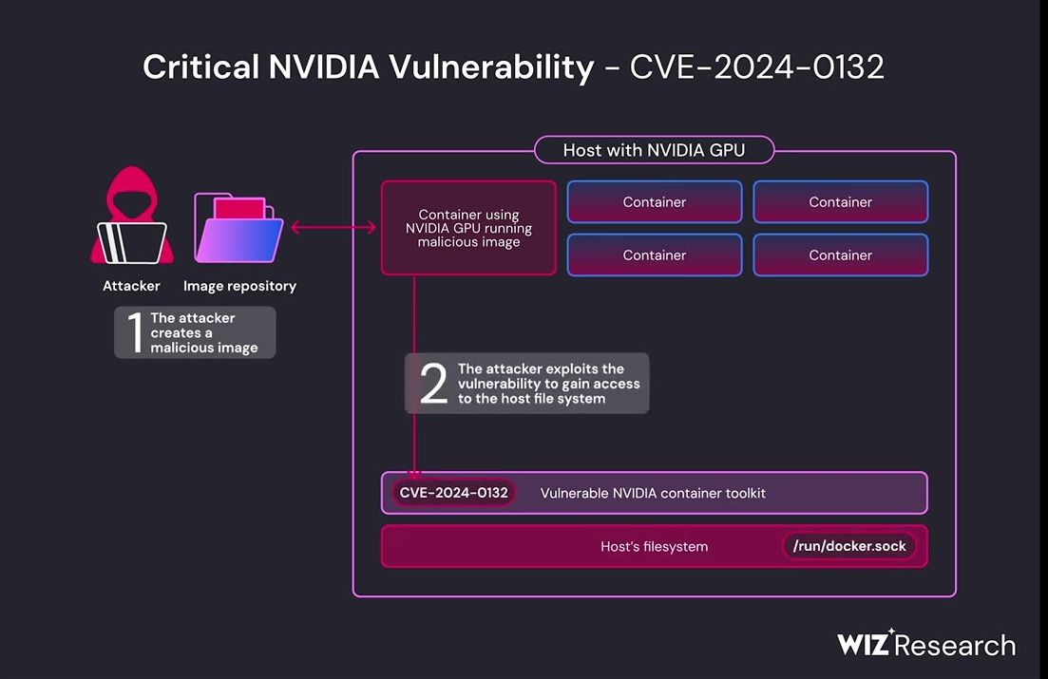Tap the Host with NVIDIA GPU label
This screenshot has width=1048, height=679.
pyautogui.click(x=654, y=150)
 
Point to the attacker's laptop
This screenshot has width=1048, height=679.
pyautogui.click(x=132, y=242)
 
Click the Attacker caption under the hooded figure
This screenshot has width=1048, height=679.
pyautogui.click(x=131, y=286)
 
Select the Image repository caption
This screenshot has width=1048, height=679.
pyautogui.click(x=239, y=286)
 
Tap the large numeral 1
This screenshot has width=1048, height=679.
pyautogui.click(x=134, y=332)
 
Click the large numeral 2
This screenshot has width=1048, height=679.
pyautogui.click(x=433, y=384)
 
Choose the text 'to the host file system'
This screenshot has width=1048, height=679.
pyautogui.click(x=531, y=399)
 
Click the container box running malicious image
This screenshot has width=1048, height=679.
pyautogui.click(x=468, y=228)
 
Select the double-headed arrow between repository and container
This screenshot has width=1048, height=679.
pyautogui.click(x=333, y=228)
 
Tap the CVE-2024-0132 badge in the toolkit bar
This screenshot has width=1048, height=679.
pyautogui.click(x=453, y=493)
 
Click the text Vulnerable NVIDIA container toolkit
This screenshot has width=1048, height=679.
pyautogui.click(x=653, y=493)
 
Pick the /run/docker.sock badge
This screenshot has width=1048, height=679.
pyautogui.click(x=849, y=546)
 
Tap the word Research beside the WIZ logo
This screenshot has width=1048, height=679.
pyautogui.click(x=955, y=646)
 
